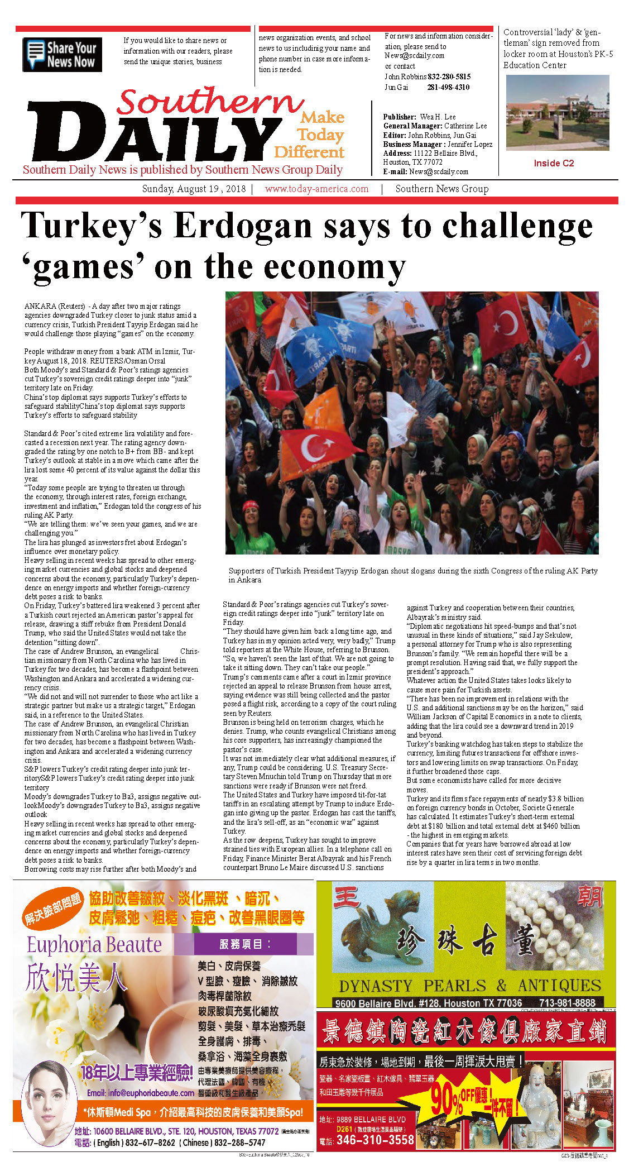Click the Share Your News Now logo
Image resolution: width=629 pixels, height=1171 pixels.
coord(62,55)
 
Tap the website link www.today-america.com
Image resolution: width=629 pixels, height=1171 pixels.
coord(316,189)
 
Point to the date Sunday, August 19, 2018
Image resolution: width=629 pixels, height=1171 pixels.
coord(194,189)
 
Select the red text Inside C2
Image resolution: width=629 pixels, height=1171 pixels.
coord(554,163)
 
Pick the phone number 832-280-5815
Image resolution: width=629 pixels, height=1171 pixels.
coord(449,77)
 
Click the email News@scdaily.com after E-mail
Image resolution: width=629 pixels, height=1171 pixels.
coord(439,171)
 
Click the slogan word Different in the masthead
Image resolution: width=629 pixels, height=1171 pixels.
coord(309,152)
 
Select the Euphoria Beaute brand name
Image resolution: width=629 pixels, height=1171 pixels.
coord(94,944)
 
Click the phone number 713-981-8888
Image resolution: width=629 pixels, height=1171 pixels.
coord(567,1003)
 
